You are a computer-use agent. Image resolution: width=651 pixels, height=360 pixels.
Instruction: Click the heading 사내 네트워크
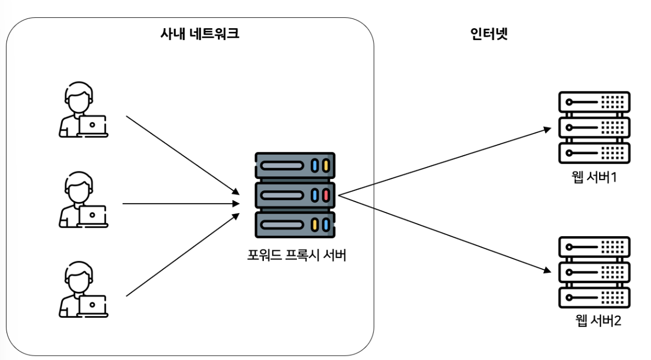pos(200,34)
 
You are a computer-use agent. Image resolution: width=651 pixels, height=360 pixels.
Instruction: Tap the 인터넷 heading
pos(489,34)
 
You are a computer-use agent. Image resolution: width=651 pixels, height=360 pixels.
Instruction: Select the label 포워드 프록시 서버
pos(296,255)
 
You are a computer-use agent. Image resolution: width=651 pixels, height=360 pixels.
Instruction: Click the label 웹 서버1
pos(594,177)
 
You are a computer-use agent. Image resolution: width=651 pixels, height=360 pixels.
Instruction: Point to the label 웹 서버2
pos(598,321)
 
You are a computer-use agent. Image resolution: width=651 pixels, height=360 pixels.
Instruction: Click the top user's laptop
pos(92,126)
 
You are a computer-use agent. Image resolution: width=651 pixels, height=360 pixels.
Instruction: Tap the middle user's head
pos(79,187)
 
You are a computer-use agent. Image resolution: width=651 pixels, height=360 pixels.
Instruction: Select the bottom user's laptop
pos(92,306)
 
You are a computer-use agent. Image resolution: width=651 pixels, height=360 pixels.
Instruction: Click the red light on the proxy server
pos(326,195)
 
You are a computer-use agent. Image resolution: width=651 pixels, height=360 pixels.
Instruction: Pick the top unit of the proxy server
pos(295,165)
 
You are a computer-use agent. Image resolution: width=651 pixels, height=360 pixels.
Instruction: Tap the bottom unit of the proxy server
pos(295,225)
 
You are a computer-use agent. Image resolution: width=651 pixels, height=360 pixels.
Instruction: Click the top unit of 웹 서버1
pos(594,102)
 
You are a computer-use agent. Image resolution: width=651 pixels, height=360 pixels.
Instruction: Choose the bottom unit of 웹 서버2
pos(594,297)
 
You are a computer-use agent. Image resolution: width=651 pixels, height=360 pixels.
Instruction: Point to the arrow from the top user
pos(183,156)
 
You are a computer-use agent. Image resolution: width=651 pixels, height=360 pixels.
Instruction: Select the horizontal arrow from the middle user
pos(181,204)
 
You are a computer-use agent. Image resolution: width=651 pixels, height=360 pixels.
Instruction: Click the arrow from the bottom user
pos(183,255)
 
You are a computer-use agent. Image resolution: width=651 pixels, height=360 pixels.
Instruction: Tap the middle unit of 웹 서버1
pos(594,127)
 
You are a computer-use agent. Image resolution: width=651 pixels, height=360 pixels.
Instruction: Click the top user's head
pos(79,97)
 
